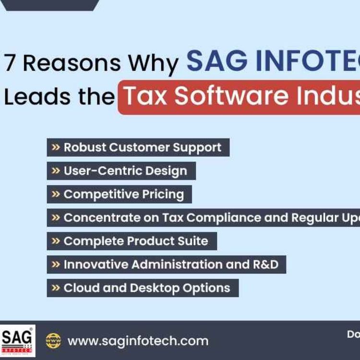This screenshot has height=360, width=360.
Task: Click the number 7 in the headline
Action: point(10,63)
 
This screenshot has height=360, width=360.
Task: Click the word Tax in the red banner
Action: point(146,97)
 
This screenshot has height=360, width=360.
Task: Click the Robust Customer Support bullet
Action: point(138,147)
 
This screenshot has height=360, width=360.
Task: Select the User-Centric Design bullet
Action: point(121,171)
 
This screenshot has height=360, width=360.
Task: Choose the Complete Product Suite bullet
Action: point(132,241)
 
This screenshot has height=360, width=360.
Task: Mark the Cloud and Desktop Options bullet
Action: point(143,288)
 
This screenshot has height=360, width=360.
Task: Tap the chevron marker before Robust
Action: point(56,147)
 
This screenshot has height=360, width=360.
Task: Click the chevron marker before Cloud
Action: point(56,288)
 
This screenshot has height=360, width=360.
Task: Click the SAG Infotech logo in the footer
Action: point(17,341)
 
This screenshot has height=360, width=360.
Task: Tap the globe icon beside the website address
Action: point(53,341)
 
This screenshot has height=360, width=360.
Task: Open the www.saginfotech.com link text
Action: point(138,341)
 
